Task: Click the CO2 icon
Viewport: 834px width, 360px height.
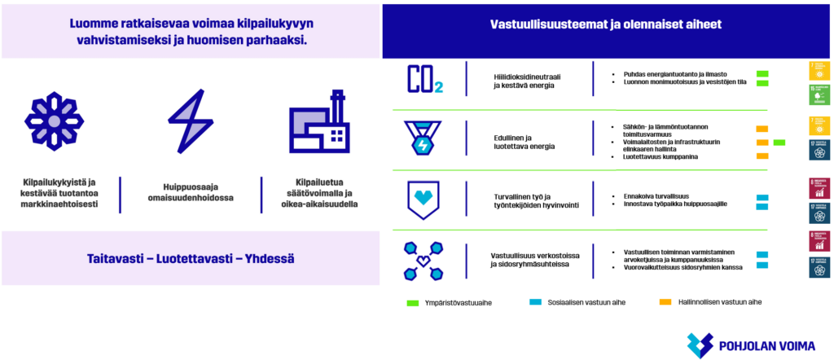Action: tap(424, 79)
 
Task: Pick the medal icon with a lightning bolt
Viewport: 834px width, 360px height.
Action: tap(424, 139)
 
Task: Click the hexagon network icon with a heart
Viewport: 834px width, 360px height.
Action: tap(424, 259)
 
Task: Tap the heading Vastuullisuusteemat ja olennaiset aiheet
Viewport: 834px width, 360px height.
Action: tap(606, 24)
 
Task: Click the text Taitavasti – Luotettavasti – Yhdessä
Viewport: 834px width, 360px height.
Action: tap(191, 259)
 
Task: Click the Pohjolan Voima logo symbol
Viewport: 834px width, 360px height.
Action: tap(700, 345)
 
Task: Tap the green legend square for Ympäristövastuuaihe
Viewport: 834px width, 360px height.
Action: tap(412, 302)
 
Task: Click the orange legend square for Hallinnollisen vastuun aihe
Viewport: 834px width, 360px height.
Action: tap(665, 302)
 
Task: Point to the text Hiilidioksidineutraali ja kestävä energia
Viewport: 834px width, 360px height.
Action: tap(527, 79)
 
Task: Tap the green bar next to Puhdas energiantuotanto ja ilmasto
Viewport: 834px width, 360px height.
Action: tap(762, 73)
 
